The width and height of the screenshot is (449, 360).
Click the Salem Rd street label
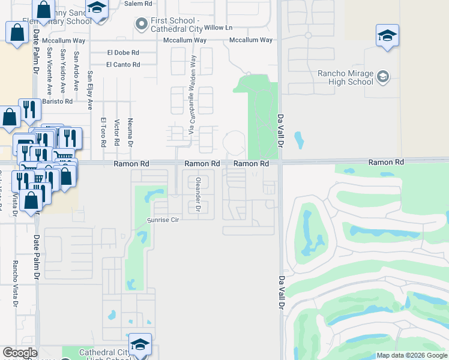click(139, 4)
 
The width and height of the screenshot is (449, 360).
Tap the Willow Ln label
click(218, 28)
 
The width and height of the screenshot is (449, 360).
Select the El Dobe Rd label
click(123, 52)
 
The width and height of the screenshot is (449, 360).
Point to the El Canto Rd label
click(123, 65)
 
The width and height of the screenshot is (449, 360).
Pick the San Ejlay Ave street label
click(90, 91)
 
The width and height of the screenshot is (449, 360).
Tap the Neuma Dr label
click(130, 132)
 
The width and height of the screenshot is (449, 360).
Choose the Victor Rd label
click(116, 133)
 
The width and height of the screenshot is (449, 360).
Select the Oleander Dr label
click(198, 195)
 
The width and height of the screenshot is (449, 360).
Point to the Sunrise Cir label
click(163, 220)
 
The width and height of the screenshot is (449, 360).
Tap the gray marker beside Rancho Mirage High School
click(382, 77)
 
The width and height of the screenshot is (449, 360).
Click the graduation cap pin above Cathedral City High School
click(140, 344)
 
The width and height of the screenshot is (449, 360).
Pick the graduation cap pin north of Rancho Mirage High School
click(387, 35)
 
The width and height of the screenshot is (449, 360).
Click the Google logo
click(20, 353)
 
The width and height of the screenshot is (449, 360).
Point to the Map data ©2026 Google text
click(412, 355)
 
